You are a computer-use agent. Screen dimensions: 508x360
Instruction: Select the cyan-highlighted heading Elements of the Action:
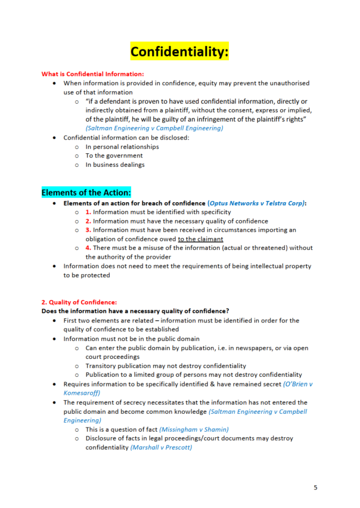[x=86, y=193]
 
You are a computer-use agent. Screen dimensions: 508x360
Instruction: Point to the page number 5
[x=315, y=488]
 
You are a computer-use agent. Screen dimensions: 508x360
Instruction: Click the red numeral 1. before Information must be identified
[x=88, y=212]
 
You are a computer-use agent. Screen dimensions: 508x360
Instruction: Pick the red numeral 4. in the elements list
[x=88, y=248]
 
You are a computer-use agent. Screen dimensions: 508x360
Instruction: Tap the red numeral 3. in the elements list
[x=88, y=230]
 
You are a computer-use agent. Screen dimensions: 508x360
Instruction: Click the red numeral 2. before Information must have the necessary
[x=88, y=221]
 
